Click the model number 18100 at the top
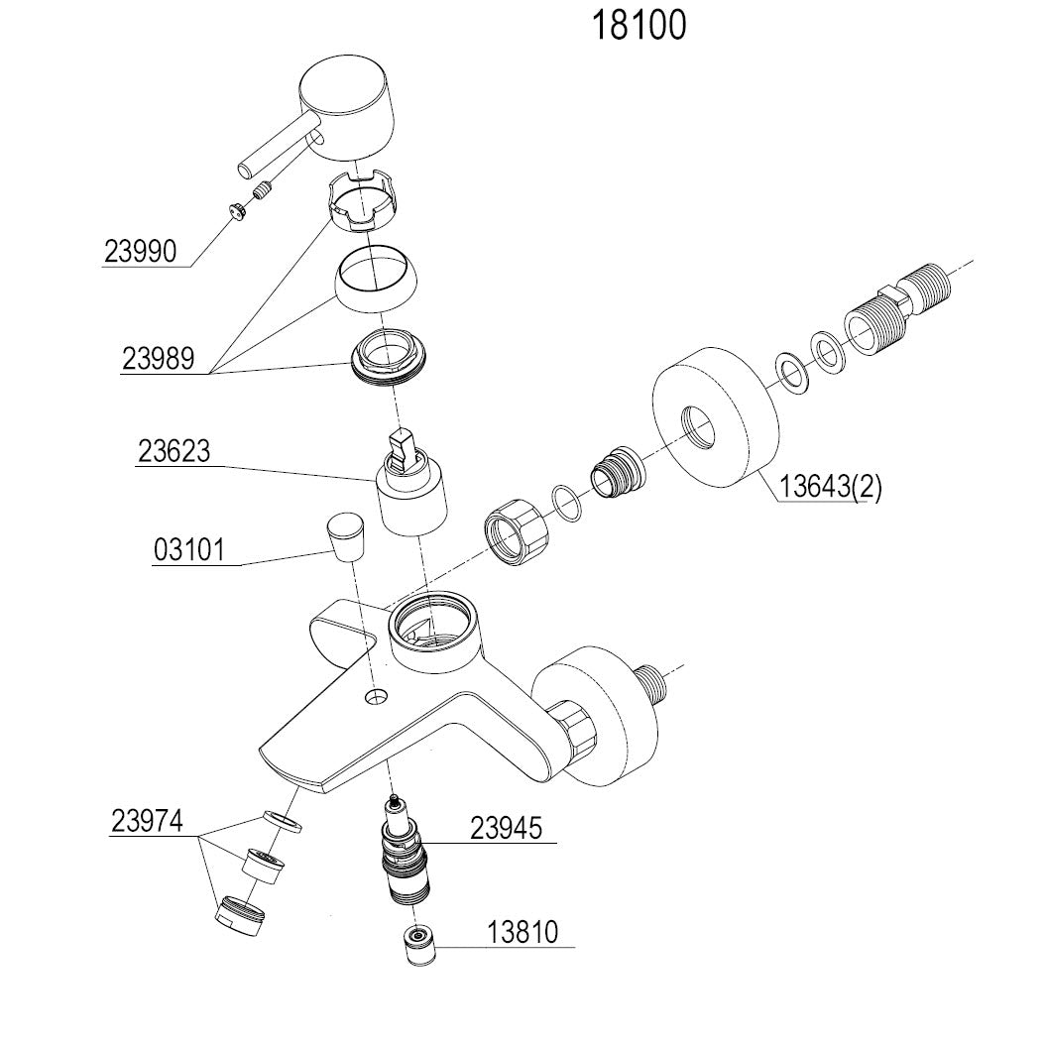[x=639, y=27]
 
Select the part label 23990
[x=140, y=252]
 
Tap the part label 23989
[x=160, y=358]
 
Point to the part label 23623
[x=174, y=452]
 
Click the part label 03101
[x=189, y=549]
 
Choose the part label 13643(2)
[x=830, y=488]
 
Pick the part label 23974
[x=148, y=822]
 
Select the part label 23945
[x=507, y=828]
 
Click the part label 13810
[x=523, y=932]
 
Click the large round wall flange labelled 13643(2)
[x=712, y=416]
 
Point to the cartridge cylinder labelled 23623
[x=414, y=492]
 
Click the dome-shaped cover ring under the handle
[x=377, y=280]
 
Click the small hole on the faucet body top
[x=375, y=697]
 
